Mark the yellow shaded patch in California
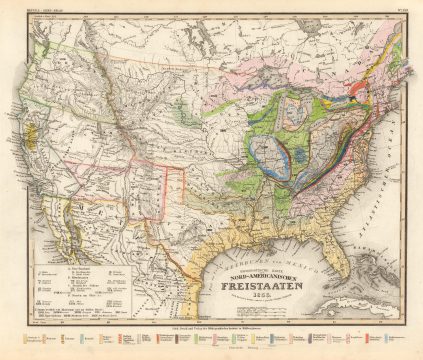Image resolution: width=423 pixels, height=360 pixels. [x=34, y=160]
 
